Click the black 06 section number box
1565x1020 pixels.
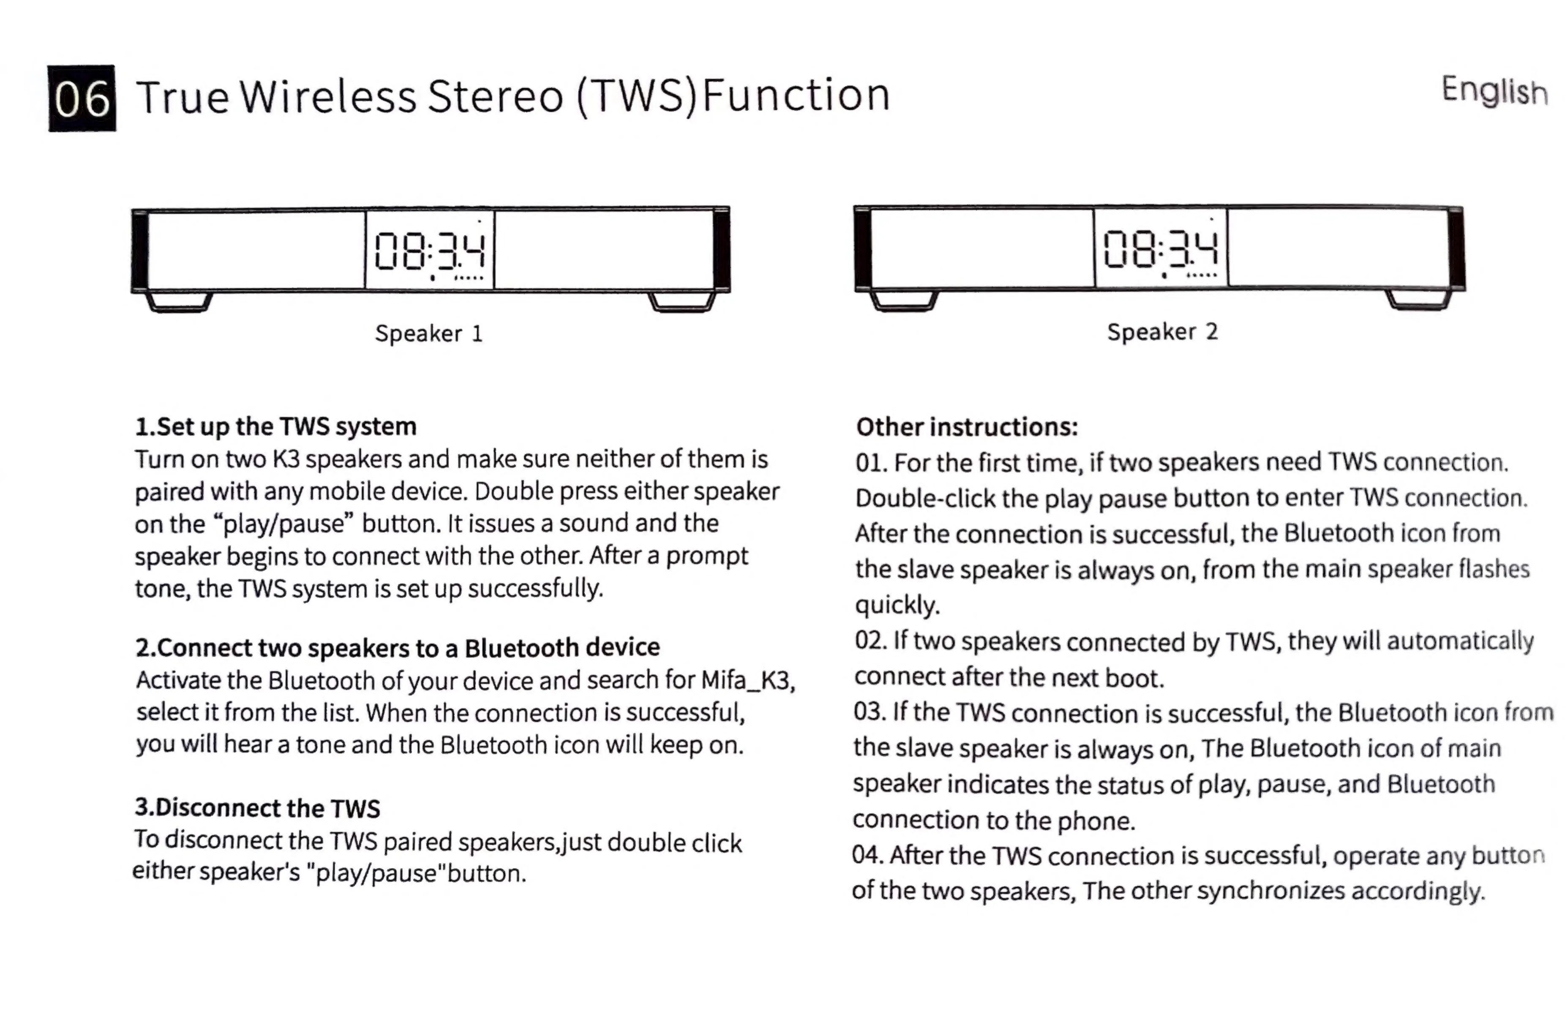pyautogui.click(x=82, y=99)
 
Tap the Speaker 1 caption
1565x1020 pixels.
pyautogui.click(x=429, y=333)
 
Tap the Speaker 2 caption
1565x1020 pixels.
pyautogui.click(x=1162, y=331)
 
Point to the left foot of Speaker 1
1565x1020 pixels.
pyautogui.click(x=178, y=303)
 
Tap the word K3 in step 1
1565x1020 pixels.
pyautogui.click(x=286, y=459)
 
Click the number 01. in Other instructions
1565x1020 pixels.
pyautogui.click(x=871, y=463)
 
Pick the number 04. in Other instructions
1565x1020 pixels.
pyautogui.click(x=868, y=855)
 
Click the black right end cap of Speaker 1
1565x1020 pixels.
pyautogui.click(x=721, y=250)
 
